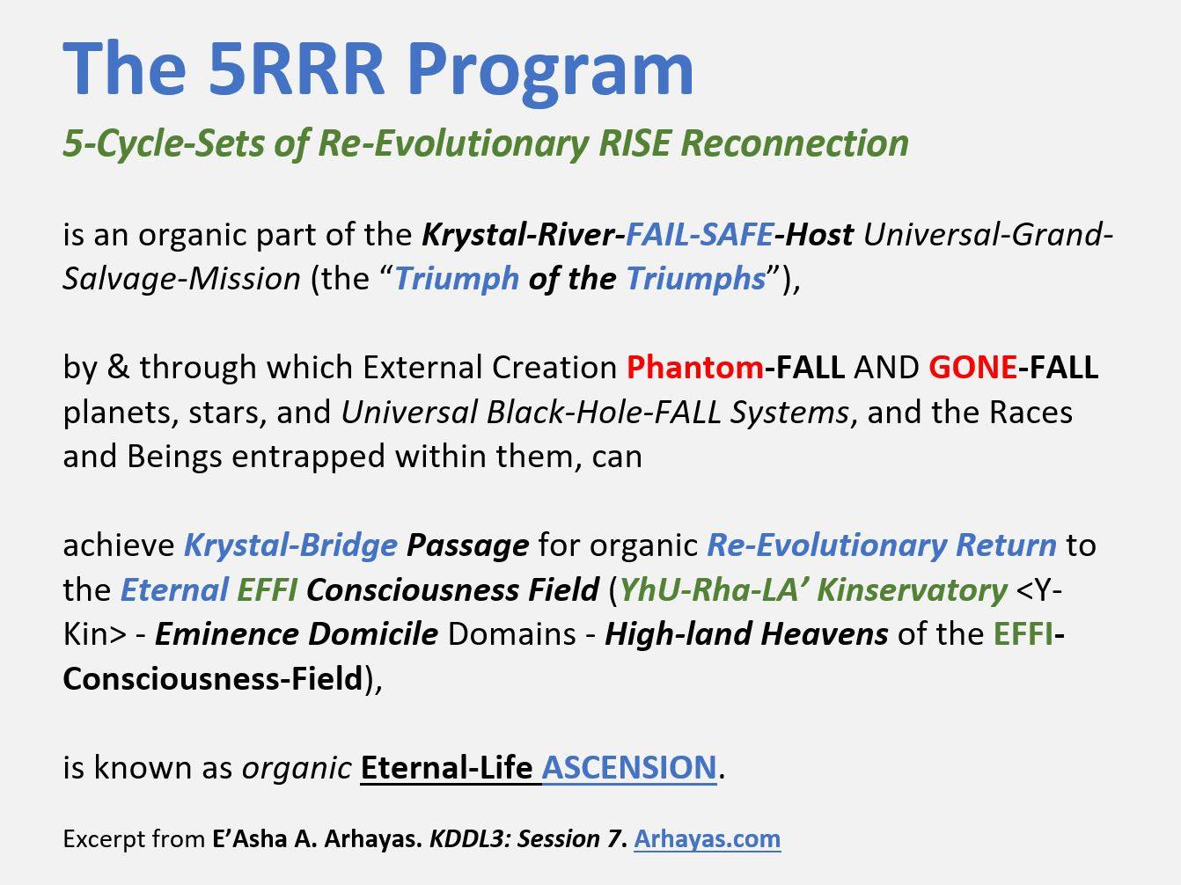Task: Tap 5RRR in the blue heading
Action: (296, 69)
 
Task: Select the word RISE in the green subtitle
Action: (635, 143)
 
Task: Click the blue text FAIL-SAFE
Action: (699, 234)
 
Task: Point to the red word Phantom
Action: (694, 367)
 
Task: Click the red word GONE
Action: (972, 367)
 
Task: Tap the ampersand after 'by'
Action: (119, 367)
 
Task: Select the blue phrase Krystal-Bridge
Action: (291, 545)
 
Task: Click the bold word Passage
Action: (467, 546)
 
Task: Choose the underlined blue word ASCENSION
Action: (629, 767)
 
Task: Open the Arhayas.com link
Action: (707, 838)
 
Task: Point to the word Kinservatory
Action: (912, 590)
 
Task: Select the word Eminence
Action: (226, 634)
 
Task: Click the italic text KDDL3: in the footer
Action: (469, 838)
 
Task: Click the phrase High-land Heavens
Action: (746, 634)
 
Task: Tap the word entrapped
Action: (308, 457)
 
